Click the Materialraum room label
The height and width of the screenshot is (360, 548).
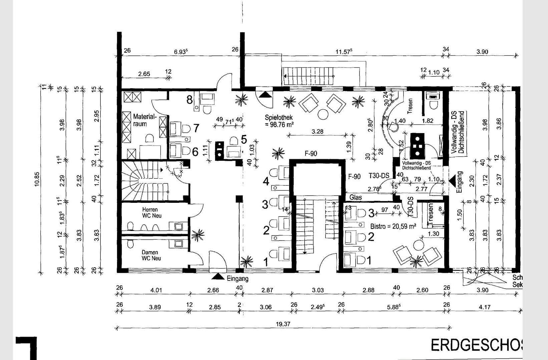(x=144, y=120)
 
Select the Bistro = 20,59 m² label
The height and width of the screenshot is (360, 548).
(x=393, y=226)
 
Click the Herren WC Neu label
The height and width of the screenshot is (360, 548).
(x=152, y=213)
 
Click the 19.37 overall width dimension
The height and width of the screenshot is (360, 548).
(x=282, y=324)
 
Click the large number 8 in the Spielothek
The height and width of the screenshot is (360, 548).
(x=189, y=99)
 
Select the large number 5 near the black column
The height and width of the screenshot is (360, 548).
(x=244, y=139)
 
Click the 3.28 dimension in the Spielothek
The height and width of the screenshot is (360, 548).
(x=317, y=131)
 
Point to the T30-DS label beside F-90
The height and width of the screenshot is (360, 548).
(x=379, y=176)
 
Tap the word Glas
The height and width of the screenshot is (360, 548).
(x=356, y=197)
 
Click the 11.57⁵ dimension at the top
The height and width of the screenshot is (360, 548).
(x=344, y=52)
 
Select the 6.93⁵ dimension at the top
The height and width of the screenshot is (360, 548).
(x=181, y=52)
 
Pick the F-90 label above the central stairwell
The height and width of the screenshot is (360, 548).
(x=311, y=153)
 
